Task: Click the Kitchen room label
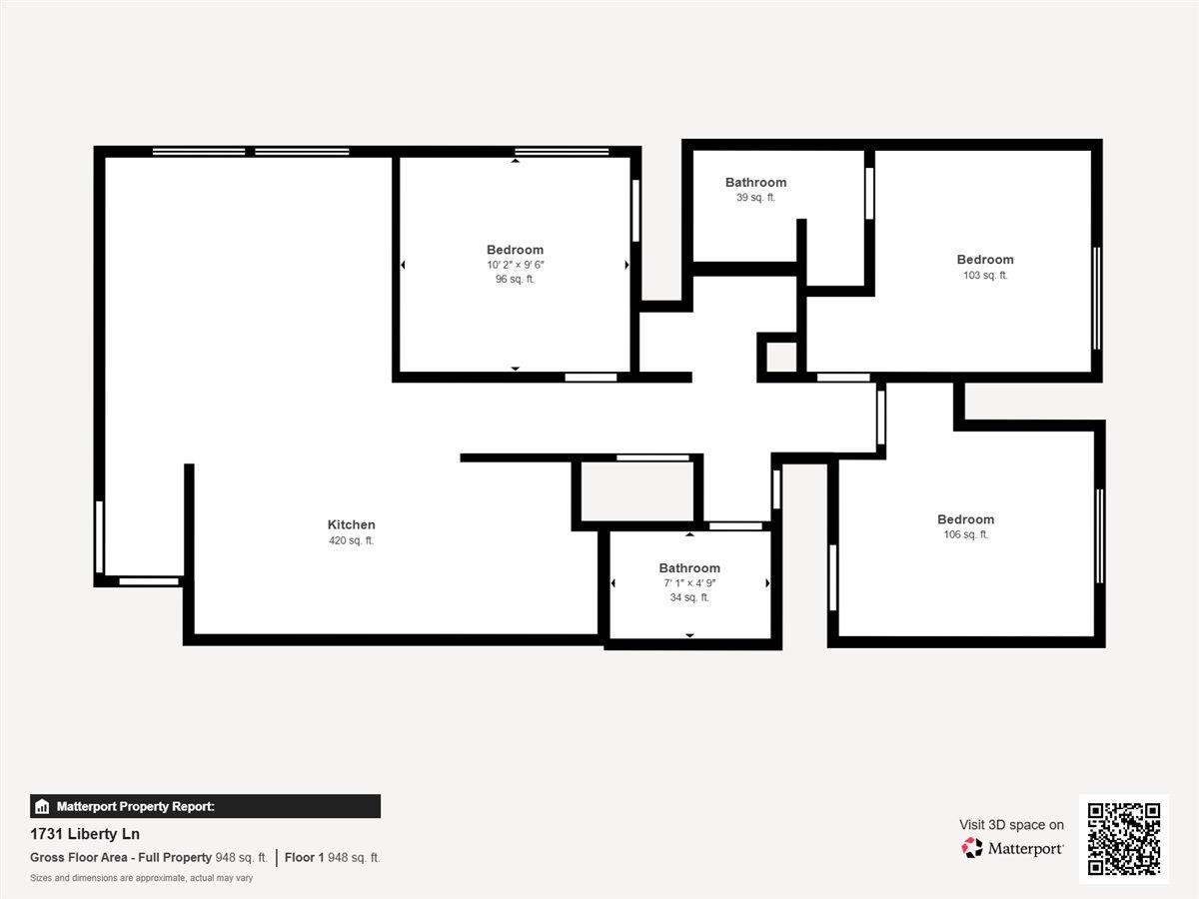351,524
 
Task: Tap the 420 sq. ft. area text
351,540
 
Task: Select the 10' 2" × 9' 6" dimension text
515,265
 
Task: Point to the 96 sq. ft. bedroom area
515,280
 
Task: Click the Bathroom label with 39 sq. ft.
755,182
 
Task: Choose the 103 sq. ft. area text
984,275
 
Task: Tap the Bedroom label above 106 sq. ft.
965,519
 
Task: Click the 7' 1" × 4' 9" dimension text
688,582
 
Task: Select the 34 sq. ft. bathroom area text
688,597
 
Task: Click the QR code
1124,839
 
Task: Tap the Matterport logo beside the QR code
1012,848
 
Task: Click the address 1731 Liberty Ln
86,834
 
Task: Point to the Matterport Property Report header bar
205,806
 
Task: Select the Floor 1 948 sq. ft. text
332,857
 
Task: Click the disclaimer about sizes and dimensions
141,878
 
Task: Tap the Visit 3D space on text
1011,824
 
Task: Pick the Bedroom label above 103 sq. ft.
984,260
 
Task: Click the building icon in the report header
42,806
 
